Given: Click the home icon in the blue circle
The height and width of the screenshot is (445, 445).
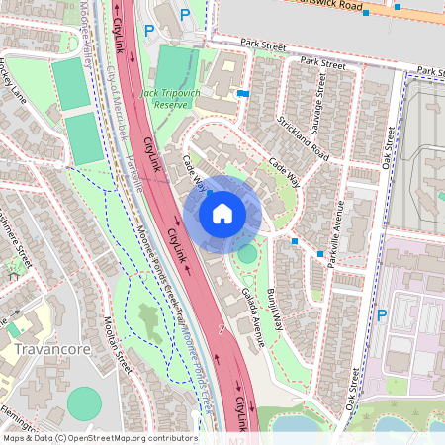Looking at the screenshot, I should point(222,213).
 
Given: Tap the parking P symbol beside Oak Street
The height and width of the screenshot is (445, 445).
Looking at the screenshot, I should point(382,316).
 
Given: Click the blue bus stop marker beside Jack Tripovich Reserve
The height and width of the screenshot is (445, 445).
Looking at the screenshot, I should point(243,93).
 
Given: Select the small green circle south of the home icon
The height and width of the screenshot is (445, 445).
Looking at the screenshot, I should point(246,255).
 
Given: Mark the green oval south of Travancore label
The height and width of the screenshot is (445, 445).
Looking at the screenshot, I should point(85,402).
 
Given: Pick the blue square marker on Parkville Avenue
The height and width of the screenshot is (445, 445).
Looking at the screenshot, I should point(320,253).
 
